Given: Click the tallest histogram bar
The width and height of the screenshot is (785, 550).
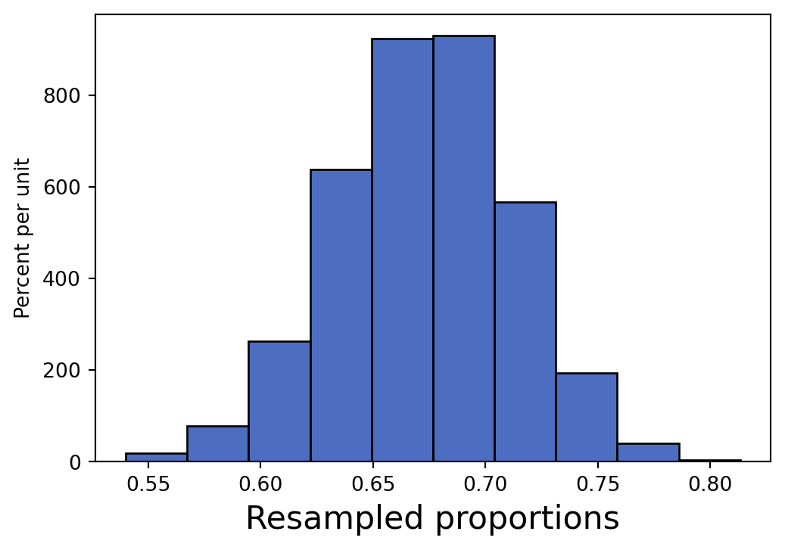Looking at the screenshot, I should (x=463, y=250).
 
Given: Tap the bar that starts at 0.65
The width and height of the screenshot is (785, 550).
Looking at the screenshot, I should (x=402, y=250).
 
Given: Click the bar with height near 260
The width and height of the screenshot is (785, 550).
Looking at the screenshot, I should (x=279, y=401).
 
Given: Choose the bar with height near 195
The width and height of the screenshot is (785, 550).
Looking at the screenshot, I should (x=586, y=417).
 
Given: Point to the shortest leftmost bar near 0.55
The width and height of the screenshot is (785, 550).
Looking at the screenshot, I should (x=156, y=457).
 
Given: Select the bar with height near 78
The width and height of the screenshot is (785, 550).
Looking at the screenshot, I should (x=217, y=444).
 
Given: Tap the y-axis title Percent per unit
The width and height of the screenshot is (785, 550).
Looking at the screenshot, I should (x=23, y=238).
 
